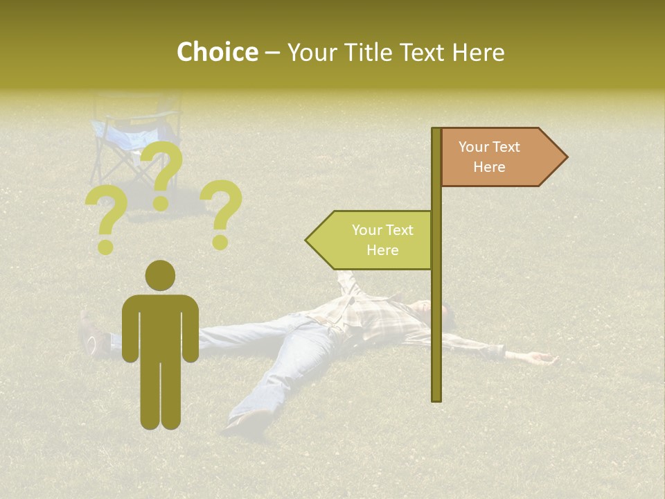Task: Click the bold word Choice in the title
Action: [x=217, y=52]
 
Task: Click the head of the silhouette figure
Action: [x=160, y=275]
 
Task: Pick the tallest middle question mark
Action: [x=163, y=173]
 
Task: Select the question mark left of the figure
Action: [x=106, y=220]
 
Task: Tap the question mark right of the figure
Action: [x=222, y=212]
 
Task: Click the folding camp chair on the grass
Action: [x=135, y=139]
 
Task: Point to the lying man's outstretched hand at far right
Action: [x=544, y=358]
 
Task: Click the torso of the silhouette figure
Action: [x=160, y=326]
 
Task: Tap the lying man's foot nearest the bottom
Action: [x=246, y=420]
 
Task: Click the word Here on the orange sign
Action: [x=489, y=167]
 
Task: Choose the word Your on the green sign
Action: [x=367, y=230]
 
